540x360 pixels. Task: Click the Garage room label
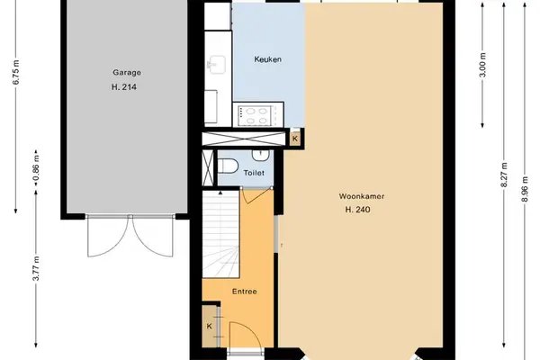point(127,73)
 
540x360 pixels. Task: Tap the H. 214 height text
point(124,87)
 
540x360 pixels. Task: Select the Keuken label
point(268,59)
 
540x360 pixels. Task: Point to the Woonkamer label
point(362,196)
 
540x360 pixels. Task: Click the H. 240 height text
point(358,210)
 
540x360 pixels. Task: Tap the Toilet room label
point(254,173)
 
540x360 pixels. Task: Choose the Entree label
point(245,292)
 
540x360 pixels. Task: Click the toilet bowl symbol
point(228,166)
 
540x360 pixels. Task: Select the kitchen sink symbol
point(216,65)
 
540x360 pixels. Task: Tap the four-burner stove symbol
point(254,116)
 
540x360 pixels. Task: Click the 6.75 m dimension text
point(16,72)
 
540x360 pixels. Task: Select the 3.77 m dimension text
point(36,268)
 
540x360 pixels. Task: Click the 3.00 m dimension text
point(482,65)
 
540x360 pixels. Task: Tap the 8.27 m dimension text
point(504,175)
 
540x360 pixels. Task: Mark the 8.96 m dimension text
point(525,189)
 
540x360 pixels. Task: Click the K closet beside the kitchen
point(295,139)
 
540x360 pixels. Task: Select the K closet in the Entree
point(210,326)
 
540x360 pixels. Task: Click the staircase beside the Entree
point(220,234)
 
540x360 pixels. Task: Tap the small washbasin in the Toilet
point(261,155)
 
